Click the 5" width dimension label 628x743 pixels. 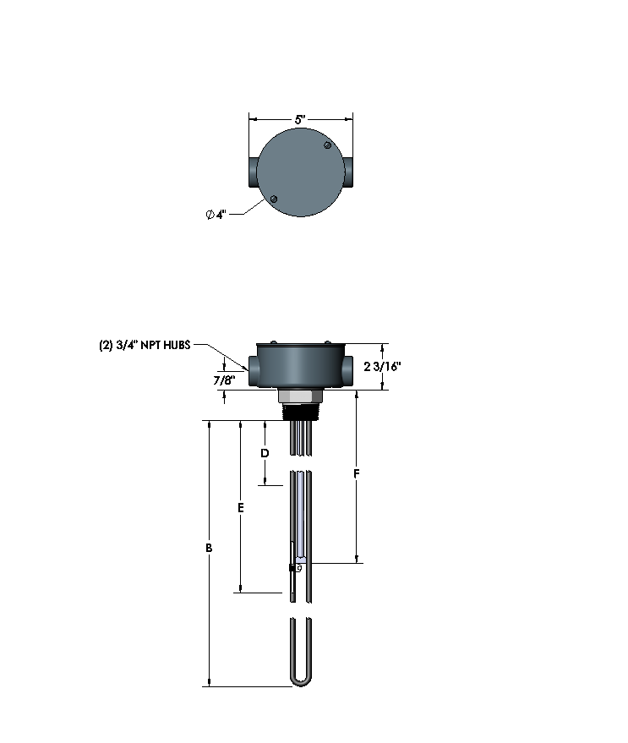coord(300,120)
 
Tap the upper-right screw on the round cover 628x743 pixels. coord(328,147)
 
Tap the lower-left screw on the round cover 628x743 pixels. coord(274,199)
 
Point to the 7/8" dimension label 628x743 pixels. coord(225,380)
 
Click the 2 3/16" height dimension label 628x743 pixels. coord(382,366)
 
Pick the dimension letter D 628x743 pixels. coord(265,453)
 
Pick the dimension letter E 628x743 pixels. coord(241,508)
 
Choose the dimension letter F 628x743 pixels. coord(357,475)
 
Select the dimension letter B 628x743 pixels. coord(209,549)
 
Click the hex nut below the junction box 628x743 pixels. coord(300,396)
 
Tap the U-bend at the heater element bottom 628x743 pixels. coord(300,676)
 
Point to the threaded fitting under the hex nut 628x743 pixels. coord(300,412)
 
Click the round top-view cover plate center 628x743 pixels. coord(301,173)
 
